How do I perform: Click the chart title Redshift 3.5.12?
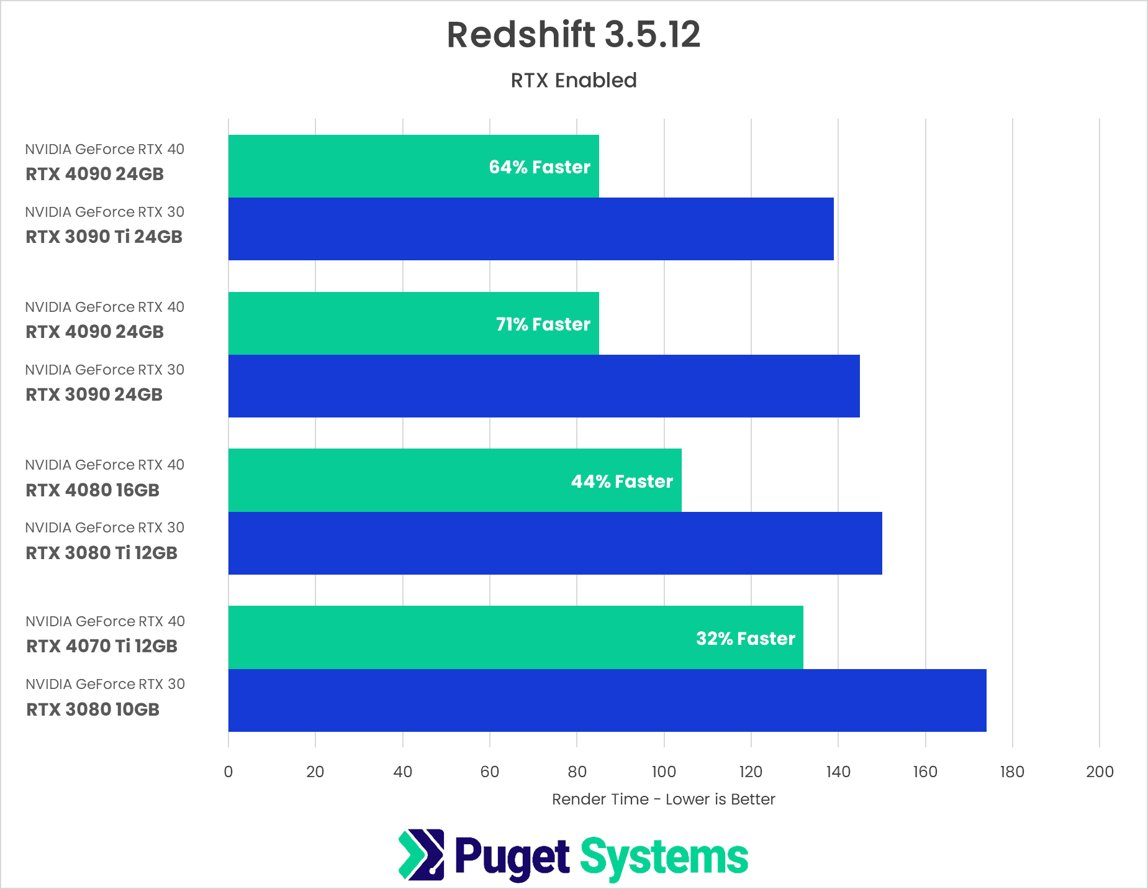[573, 35]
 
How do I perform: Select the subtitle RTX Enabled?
[573, 81]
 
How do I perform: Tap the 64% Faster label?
[539, 167]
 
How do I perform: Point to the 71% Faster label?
[543, 324]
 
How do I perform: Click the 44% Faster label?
[621, 481]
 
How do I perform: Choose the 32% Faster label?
[745, 639]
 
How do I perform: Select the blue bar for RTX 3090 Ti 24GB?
[531, 229]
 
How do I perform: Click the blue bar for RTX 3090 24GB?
[544, 386]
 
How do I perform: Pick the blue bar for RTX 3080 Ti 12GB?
[555, 544]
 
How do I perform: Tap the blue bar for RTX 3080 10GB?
[607, 701]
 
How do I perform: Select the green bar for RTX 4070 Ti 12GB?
[459, 637]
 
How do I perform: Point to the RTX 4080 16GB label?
[93, 490]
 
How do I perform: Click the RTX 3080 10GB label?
[93, 709]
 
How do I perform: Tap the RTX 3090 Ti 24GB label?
[104, 237]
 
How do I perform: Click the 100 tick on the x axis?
[664, 772]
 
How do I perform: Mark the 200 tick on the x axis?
[1100, 772]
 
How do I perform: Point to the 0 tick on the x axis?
[228, 772]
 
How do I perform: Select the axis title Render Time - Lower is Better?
[663, 800]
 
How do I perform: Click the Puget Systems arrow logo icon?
[422, 855]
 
